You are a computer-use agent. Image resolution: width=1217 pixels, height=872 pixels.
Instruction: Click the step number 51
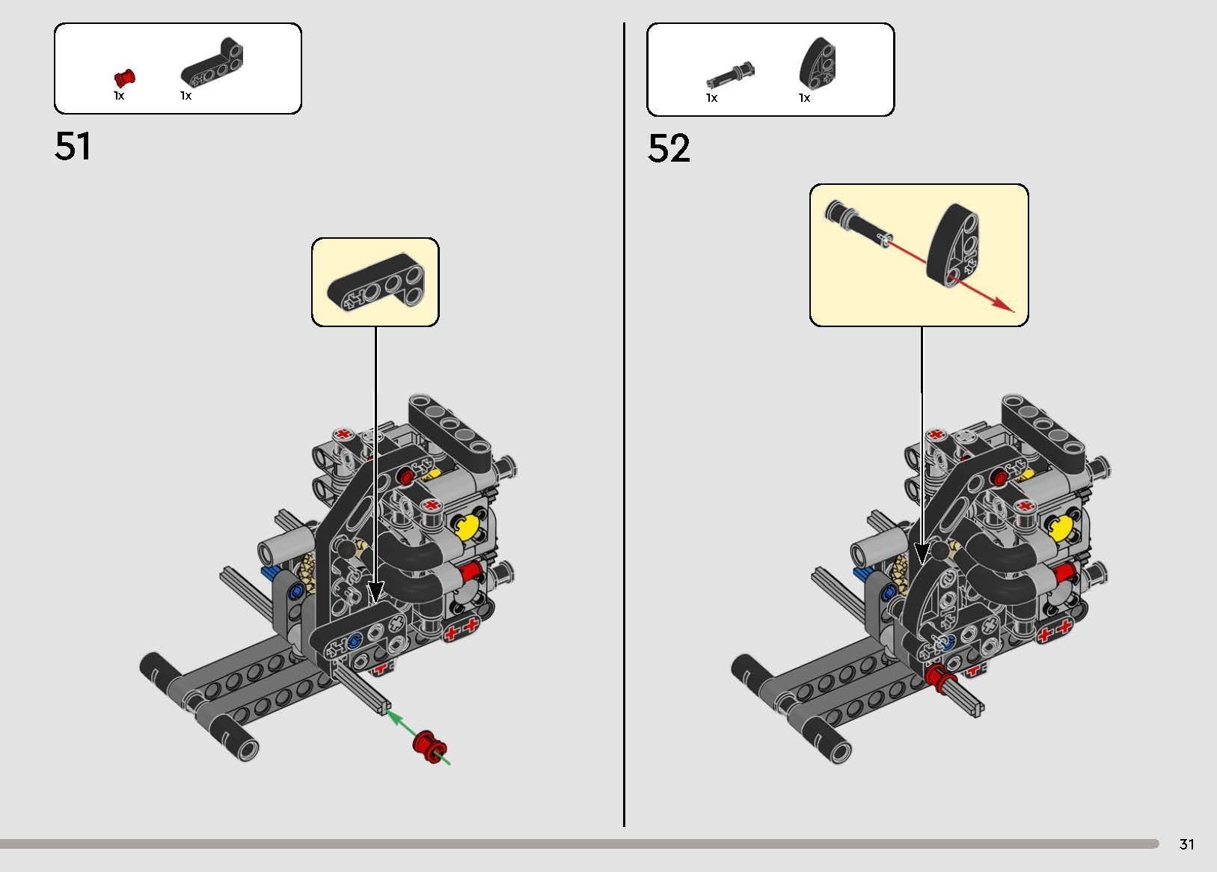tap(73, 146)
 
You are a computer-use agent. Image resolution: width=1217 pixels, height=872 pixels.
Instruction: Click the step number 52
tap(668, 148)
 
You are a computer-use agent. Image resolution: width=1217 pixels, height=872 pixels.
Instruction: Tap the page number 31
tap(1186, 844)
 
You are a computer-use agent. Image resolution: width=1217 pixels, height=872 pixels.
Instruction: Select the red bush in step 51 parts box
tap(125, 77)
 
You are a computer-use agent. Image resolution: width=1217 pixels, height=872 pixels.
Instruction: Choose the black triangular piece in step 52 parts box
tap(818, 63)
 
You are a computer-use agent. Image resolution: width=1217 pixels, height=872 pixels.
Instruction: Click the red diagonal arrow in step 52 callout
tap(980, 293)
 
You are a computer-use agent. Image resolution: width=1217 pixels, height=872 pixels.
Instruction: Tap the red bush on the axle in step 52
tap(934, 677)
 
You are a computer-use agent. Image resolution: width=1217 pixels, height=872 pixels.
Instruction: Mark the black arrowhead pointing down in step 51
tap(375, 591)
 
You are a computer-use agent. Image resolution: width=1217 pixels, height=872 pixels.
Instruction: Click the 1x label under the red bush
tap(119, 96)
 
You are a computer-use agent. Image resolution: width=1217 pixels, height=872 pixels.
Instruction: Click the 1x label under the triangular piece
tap(804, 98)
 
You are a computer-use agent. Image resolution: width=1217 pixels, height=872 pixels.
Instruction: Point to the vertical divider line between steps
tap(624, 419)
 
